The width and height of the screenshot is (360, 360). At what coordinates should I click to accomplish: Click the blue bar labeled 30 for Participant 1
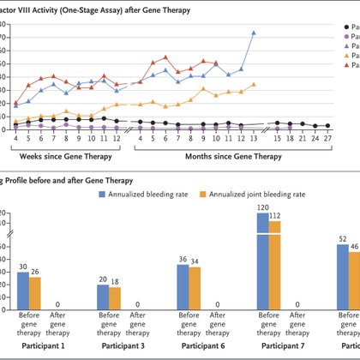pyautogui.click(x=23, y=291)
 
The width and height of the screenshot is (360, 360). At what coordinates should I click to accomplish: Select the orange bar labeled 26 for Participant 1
pyautogui.click(x=35, y=293)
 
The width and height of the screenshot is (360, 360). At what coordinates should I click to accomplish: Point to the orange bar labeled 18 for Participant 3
pyautogui.click(x=114, y=298)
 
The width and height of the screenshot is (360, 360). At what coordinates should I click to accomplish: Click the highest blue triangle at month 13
pyautogui.click(x=254, y=33)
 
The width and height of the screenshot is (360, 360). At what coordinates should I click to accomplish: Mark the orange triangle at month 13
pyautogui.click(x=254, y=84)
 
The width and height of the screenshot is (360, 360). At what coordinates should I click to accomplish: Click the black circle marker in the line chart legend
pyautogui.click(x=334, y=27)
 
